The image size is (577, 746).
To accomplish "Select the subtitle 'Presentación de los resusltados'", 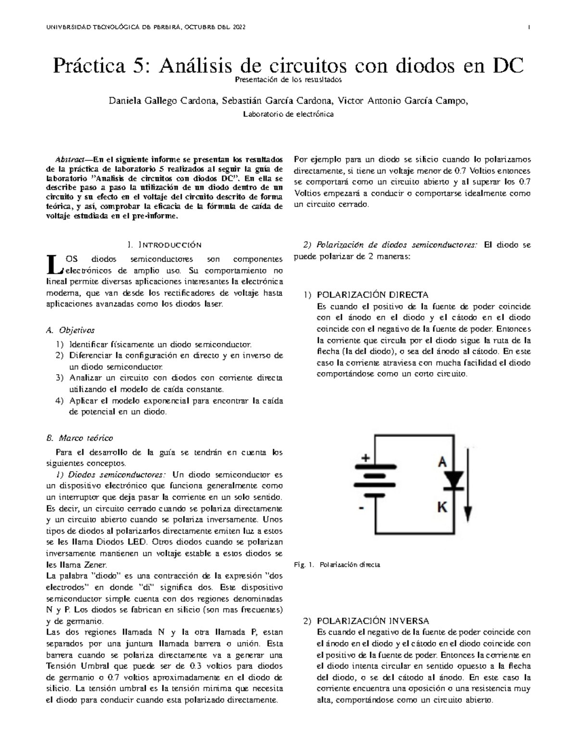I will [x=288, y=79].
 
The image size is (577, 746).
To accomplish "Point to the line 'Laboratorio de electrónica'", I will [x=288, y=114].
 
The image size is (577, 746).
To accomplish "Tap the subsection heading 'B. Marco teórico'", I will [x=79, y=438].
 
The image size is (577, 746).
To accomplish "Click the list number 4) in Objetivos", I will [x=59, y=401].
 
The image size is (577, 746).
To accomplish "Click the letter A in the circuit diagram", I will [x=442, y=462].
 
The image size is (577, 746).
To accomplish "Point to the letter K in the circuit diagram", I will [x=442, y=506].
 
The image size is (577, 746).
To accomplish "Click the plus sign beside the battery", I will [x=365, y=458].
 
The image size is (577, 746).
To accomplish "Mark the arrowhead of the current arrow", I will [x=469, y=516].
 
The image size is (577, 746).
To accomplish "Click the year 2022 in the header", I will [x=239, y=27].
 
